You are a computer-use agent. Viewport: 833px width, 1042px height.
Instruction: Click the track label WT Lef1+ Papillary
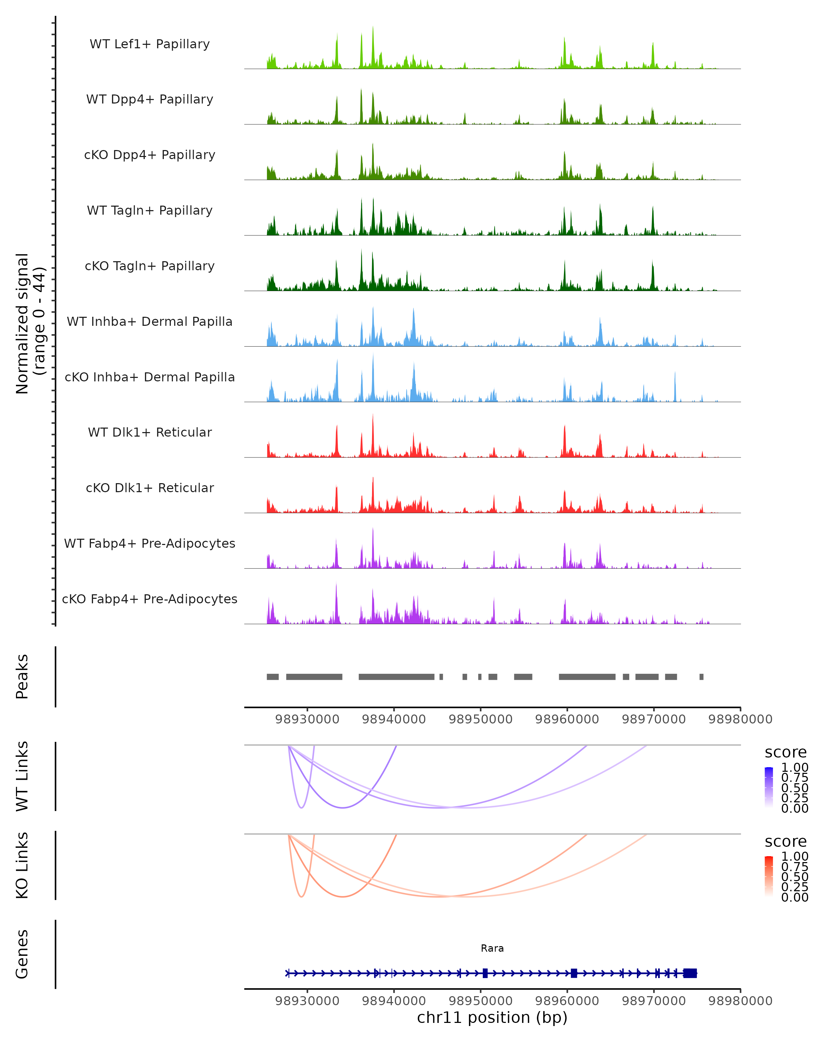pos(150,44)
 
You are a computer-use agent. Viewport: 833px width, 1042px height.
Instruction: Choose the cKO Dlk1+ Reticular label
pos(150,488)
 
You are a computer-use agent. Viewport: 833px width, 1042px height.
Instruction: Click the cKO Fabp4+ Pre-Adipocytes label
pos(150,599)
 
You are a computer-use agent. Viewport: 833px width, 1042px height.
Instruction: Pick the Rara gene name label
pos(492,949)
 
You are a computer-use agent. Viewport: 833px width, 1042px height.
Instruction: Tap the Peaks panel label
pos(22,677)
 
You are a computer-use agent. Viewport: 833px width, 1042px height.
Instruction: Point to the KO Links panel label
pos(22,865)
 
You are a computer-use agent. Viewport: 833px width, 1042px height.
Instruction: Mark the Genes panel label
pos(22,954)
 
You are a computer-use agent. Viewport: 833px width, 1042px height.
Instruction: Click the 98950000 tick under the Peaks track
pos(480,719)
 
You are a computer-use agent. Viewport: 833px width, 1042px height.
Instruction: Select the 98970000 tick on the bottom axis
pos(654,1001)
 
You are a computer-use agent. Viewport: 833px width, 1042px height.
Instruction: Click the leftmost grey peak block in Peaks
pos(273,677)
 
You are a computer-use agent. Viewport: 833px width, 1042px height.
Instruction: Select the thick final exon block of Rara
pos(690,973)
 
